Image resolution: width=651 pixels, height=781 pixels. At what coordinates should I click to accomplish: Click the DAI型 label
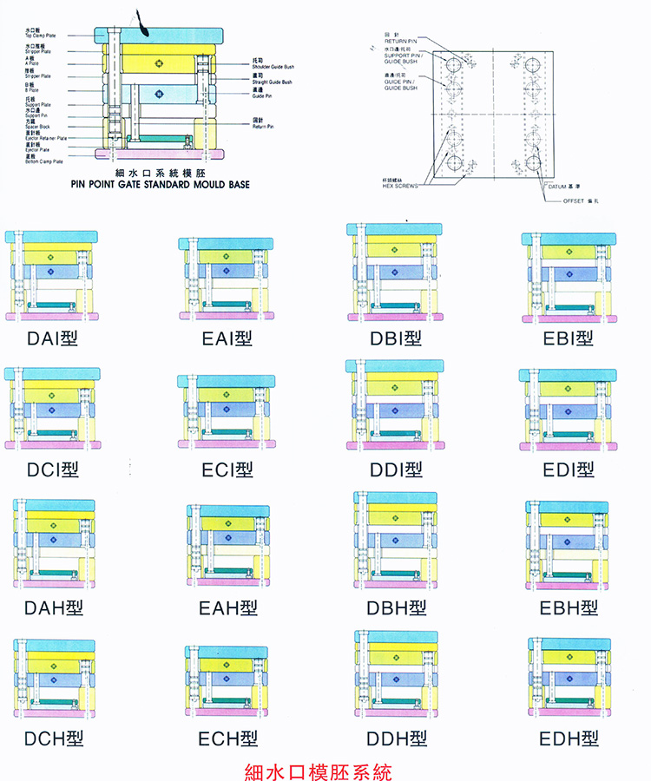52,338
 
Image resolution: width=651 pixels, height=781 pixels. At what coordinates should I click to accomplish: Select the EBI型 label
569,338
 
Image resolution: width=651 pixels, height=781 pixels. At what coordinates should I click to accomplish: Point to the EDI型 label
569,469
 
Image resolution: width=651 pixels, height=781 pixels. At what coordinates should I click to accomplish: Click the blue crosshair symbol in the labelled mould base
158,94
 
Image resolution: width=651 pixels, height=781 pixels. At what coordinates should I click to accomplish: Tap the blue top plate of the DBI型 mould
396,229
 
